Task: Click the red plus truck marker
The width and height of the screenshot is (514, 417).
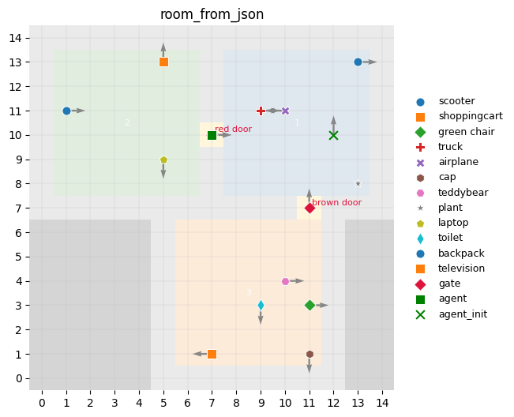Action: click(261, 111)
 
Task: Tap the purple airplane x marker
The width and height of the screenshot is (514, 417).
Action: click(285, 111)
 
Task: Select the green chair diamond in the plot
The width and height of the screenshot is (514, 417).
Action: click(310, 305)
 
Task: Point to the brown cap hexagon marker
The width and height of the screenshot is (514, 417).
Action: click(310, 354)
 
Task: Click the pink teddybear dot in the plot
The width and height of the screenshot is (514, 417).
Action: click(285, 281)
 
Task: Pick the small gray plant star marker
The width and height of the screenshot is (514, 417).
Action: click(358, 183)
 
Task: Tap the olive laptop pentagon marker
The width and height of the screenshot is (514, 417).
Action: click(163, 160)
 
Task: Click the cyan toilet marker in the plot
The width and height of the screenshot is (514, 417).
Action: click(261, 305)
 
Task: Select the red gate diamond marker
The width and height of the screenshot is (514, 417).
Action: click(310, 208)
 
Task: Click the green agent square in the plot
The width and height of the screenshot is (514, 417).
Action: click(212, 135)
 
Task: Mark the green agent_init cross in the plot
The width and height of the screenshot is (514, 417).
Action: click(333, 135)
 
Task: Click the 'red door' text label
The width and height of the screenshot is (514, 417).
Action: click(234, 129)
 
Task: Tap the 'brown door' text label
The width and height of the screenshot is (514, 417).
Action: click(336, 203)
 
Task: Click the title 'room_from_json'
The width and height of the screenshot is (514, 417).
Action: click(212, 14)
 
